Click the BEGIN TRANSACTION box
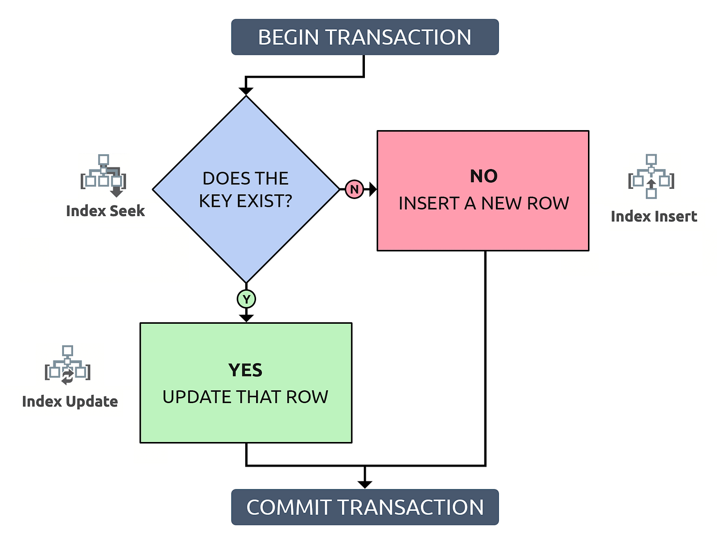point(364,37)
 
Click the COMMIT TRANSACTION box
point(364,507)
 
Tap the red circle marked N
point(354,189)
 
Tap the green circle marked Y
point(246,299)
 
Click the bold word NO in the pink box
point(484,176)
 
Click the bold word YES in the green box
point(245,370)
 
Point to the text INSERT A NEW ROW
point(484,204)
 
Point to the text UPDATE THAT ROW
point(245,397)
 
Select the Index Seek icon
point(104,175)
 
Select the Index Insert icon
point(651,176)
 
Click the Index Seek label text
point(105,211)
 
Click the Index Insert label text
point(653,216)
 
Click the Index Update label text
point(70,402)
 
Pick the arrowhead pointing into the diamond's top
point(246,91)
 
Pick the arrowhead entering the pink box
point(373,189)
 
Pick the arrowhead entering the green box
point(246,318)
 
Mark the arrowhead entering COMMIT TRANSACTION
point(364,484)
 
